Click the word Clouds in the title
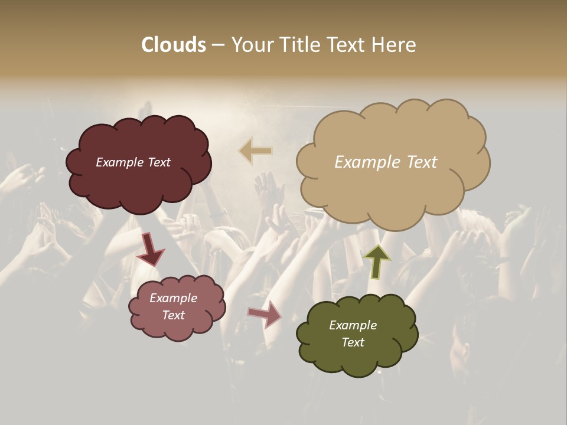174,45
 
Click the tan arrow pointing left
255,151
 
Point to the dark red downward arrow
151,249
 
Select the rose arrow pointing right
264,313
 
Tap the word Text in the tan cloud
419,162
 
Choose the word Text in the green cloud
353,342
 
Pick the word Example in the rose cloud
174,298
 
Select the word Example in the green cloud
353,325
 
